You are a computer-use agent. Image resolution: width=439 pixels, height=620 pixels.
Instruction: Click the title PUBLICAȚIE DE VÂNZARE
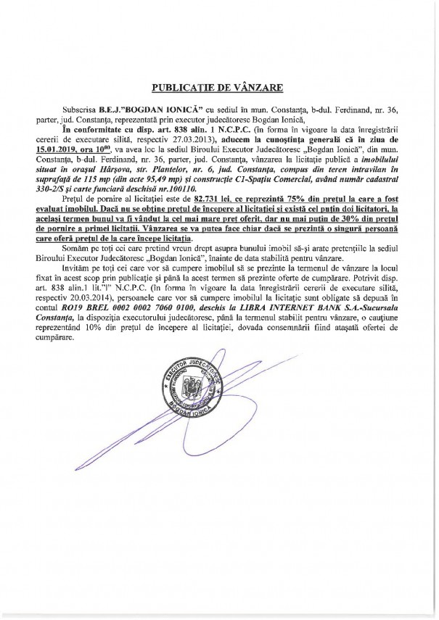218,88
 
